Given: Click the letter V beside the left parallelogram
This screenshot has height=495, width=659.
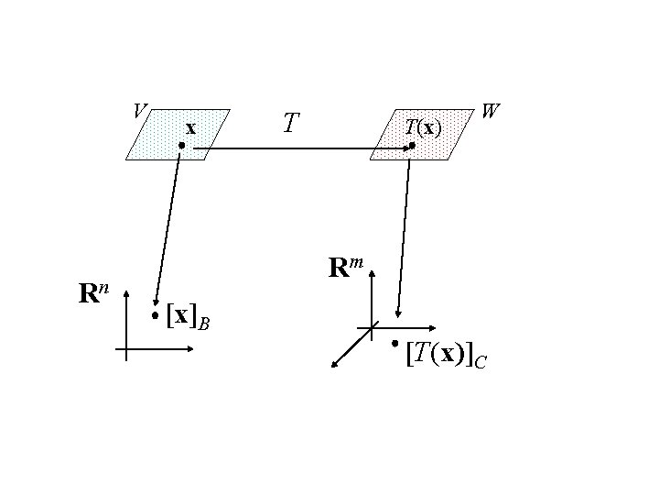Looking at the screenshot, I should click(138, 111).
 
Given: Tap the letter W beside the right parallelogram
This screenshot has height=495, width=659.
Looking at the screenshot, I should click(490, 112).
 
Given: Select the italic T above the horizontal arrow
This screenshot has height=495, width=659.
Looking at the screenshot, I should click(290, 123).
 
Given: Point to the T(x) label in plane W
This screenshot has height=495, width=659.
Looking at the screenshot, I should click(423, 127).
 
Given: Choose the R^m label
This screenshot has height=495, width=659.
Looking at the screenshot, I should click(346, 268).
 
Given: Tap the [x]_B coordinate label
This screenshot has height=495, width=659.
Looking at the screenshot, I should click(189, 316).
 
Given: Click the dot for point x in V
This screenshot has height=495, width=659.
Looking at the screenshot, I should click(182, 146).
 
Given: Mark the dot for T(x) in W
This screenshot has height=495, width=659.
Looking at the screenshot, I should click(412, 146).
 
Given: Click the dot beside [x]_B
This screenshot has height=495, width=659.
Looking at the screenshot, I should click(156, 316).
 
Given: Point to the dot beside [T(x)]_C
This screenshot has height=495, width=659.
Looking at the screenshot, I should click(393, 343).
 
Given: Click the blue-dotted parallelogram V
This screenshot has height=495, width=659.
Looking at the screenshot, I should click(165, 137).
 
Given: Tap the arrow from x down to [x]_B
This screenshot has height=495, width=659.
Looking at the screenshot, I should click(169, 229).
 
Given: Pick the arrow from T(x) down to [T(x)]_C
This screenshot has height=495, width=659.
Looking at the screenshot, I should click(403, 238).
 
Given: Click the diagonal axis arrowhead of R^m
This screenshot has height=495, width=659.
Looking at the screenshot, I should click(335, 365).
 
